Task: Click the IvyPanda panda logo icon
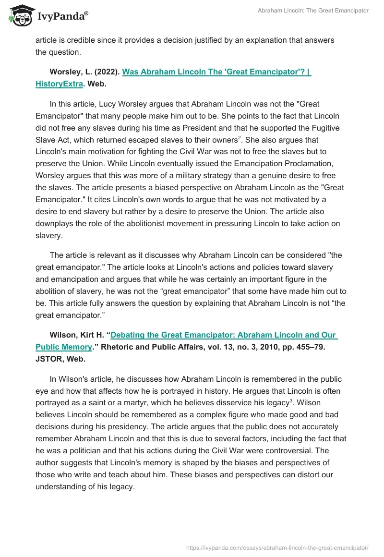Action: pos(21,15)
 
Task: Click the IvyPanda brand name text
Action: pos(62,16)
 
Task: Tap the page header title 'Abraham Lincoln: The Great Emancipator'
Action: pos(313,11)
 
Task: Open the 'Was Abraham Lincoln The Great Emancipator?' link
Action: pos(216,72)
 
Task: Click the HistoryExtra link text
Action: pos(59,84)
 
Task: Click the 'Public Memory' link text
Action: pos(63,347)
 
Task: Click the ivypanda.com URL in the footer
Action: pos(277,547)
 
